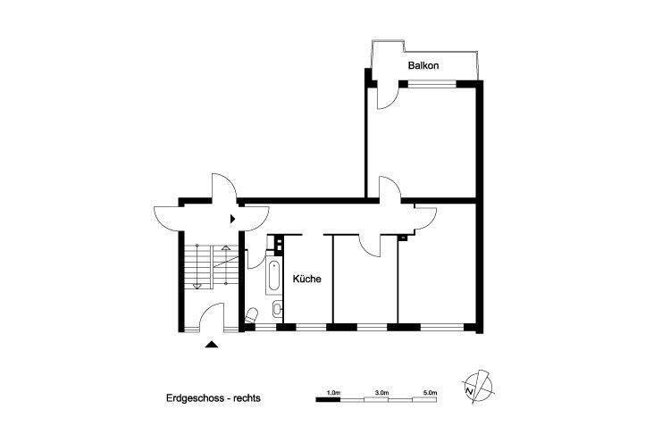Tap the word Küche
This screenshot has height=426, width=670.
point(307,279)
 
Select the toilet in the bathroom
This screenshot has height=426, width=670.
point(252,313)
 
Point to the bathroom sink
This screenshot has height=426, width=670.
point(276,310)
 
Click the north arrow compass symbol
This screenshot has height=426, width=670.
point(479,385)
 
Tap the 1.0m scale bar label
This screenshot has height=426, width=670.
point(334,391)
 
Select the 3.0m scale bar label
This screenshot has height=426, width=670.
point(381,391)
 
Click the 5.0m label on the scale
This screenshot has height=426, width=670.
point(429,391)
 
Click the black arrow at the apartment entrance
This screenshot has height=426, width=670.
point(233,217)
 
